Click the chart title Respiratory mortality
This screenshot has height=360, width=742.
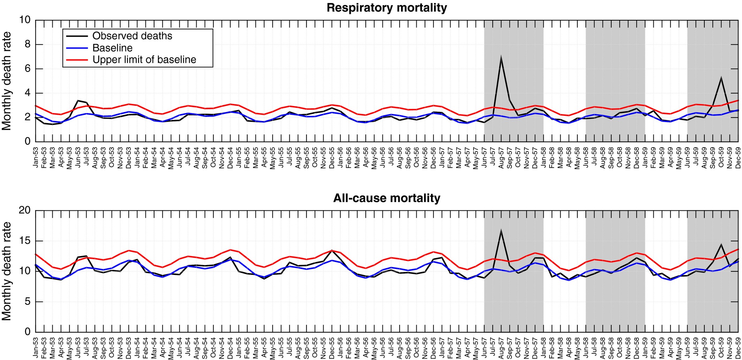[x=387, y=8]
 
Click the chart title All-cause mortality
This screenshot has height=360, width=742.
[x=387, y=198]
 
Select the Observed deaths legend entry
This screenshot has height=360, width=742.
[x=132, y=36]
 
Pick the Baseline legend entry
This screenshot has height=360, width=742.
[x=112, y=48]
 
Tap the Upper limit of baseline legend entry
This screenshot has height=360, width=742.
[x=144, y=60]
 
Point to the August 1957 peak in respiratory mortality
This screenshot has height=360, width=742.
[x=501, y=56]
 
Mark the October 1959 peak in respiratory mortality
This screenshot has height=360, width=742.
[x=721, y=77]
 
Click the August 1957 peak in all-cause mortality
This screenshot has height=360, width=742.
[x=501, y=230]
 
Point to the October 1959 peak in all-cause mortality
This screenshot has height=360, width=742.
[x=721, y=244]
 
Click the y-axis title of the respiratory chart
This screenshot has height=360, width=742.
[x=7, y=81]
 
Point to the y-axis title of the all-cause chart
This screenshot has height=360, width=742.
[x=7, y=271]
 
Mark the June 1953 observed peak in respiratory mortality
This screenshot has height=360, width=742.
[x=78, y=100]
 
